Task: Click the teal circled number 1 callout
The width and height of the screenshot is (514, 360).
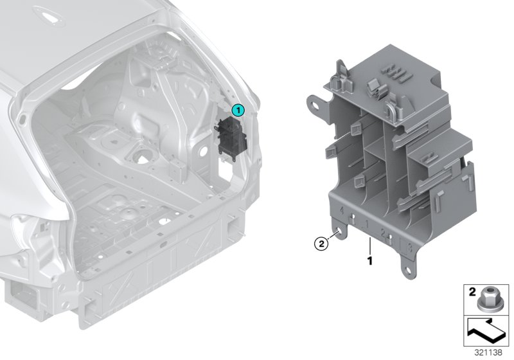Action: tap(238, 110)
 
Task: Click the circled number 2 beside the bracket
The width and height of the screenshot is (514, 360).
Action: tap(319, 244)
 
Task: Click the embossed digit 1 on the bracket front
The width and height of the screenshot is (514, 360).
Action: tap(364, 224)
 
